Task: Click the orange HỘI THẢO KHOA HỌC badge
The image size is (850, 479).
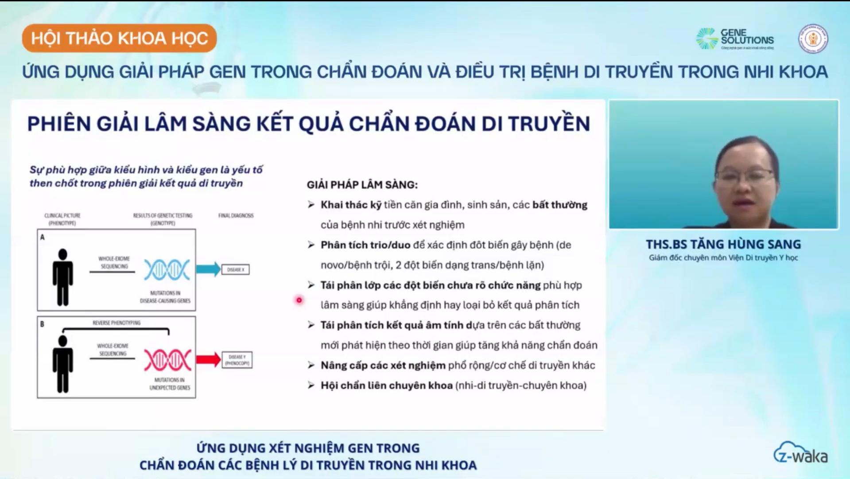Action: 119,38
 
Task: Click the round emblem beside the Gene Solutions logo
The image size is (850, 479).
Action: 813,39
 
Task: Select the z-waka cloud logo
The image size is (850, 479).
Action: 800,453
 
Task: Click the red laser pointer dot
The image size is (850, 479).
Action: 299,300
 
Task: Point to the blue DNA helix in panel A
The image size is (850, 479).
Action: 167,269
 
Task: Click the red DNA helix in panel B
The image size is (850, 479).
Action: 167,360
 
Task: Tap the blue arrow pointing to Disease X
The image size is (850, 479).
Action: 208,269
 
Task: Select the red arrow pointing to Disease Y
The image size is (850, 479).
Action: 208,359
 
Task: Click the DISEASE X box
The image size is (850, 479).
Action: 236,269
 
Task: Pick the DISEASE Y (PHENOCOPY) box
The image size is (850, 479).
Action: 237,360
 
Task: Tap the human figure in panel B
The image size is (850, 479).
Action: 62,364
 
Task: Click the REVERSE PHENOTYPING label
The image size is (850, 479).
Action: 116,323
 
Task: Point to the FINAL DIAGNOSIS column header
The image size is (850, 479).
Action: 236,216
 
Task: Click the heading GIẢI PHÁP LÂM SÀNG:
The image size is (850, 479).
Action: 362,185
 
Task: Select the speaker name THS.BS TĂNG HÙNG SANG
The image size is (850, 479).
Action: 723,244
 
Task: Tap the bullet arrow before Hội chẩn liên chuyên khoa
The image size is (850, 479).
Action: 311,386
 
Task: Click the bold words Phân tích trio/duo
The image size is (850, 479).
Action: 365,245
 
